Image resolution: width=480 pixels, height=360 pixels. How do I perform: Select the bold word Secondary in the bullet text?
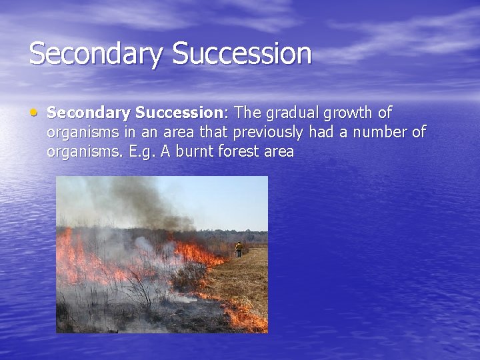click(91, 112)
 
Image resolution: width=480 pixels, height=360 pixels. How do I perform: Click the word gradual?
click(293, 112)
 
